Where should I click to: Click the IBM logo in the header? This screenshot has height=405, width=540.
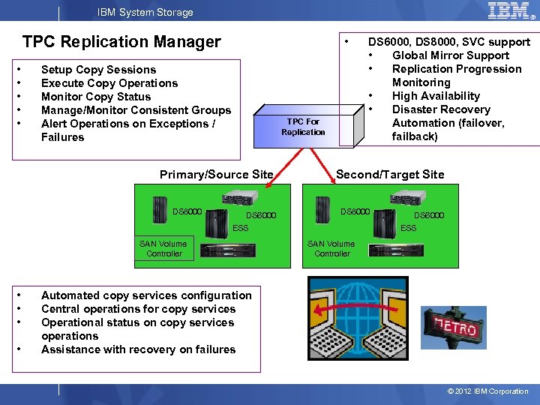512,11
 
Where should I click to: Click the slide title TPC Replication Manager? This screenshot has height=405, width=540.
121,42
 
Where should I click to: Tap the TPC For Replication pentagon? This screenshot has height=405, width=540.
301,126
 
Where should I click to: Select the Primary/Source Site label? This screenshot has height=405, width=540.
216,175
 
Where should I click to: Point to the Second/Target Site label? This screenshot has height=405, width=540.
390,175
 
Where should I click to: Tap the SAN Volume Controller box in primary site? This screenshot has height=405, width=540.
164,248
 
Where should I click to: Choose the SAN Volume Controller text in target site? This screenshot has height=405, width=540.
331,248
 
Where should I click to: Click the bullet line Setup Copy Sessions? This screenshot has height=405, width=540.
98,70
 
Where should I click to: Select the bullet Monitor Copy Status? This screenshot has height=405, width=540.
95,97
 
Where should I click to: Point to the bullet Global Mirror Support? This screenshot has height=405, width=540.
450,55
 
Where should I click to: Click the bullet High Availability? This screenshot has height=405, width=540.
436,96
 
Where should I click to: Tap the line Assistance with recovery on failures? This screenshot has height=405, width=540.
138,349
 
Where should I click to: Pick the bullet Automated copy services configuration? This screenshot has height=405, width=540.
146,295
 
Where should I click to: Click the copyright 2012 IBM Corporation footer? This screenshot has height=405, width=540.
487,391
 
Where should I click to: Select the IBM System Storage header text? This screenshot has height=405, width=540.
145,12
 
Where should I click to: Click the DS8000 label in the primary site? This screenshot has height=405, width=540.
187,211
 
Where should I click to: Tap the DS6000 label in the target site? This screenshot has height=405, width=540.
429,215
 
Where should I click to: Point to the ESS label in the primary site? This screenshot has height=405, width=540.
240,228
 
